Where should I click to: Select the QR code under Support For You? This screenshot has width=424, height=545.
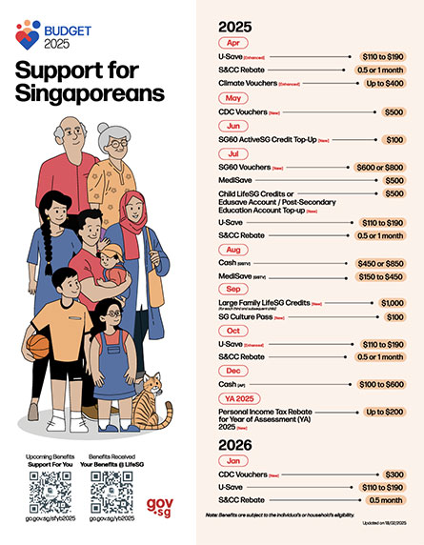50,493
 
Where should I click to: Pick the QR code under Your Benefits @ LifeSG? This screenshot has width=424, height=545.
111,493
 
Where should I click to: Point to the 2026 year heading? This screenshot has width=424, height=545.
239,444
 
